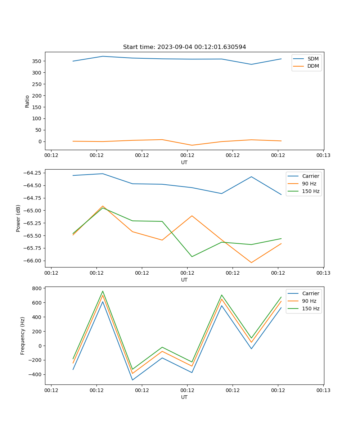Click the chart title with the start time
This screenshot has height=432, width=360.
[x=184, y=47]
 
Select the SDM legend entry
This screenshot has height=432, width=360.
[x=313, y=59]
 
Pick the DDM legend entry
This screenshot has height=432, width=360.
[x=313, y=66]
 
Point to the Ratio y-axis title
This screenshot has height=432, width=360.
[x=27, y=101]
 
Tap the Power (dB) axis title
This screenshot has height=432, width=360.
[x=18, y=218]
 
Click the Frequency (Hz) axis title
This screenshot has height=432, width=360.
[x=23, y=336]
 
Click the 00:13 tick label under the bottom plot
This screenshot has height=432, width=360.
[x=323, y=390]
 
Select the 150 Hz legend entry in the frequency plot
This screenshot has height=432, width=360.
[x=311, y=309]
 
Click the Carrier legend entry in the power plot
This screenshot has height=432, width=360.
[x=311, y=176]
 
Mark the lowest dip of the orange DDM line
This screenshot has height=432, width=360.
[x=192, y=145]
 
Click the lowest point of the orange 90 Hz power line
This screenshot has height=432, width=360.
[x=251, y=262]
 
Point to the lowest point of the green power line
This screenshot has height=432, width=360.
[x=192, y=257]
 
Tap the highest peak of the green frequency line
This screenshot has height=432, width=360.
[x=103, y=291]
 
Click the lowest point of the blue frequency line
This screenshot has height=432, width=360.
[x=132, y=380]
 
